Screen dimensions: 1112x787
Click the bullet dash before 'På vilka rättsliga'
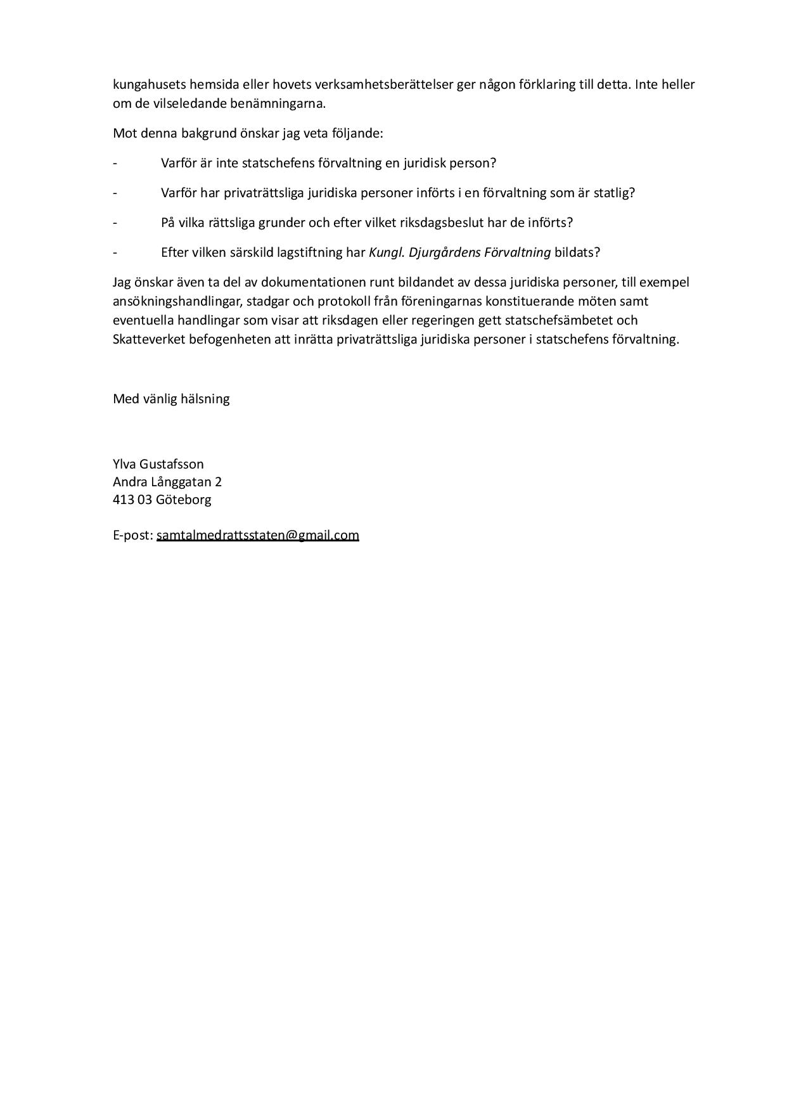(115, 223)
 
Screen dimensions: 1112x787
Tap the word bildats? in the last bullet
(577, 252)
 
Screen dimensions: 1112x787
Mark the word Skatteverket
(149, 339)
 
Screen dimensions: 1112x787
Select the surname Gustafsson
(172, 464)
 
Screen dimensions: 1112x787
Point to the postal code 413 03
(132, 500)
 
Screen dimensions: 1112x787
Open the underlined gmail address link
(257, 535)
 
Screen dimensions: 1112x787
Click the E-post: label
(133, 535)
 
